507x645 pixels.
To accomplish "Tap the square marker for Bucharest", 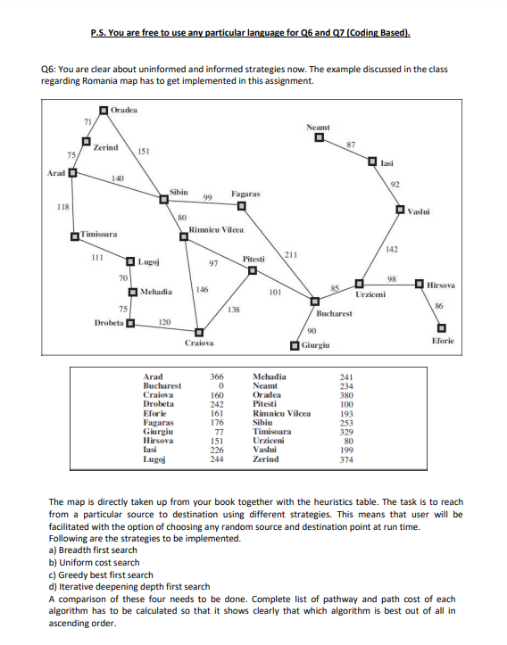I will click(x=314, y=300).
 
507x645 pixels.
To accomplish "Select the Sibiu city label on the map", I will click(x=179, y=192).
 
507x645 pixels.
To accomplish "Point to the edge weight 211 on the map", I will click(x=290, y=255).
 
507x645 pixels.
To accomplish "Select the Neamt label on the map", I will click(x=318, y=128).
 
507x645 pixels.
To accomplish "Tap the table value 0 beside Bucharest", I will click(x=216, y=385).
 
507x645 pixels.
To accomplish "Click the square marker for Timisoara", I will click(x=77, y=236).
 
